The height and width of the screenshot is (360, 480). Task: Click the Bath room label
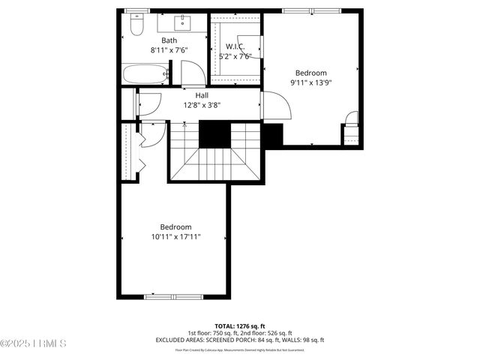169,40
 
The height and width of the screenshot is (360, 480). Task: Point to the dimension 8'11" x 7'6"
169,50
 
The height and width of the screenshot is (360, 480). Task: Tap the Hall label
202,96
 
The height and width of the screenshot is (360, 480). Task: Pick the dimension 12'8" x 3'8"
202,106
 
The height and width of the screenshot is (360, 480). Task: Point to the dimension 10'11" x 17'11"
175,237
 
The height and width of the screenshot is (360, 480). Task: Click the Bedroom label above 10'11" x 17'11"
175,227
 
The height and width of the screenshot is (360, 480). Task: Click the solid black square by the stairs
214,134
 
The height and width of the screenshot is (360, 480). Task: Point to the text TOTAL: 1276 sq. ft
240,325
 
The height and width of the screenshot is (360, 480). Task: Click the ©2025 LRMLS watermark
34,343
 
